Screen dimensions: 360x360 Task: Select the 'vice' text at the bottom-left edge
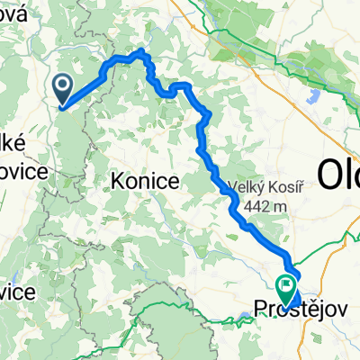[17, 293]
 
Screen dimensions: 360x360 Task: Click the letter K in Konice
[115, 181]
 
